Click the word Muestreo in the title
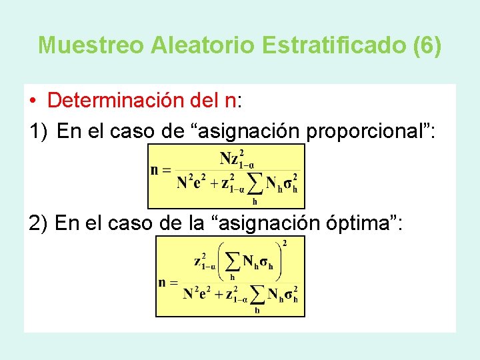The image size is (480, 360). coord(91,45)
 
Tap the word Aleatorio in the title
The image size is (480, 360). coord(203,45)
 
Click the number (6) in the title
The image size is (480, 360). coord(427,45)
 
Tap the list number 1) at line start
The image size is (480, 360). coord(39,132)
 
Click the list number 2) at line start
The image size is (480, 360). coord(39,223)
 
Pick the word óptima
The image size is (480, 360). coord(366,223)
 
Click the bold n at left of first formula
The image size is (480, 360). coord(155,169)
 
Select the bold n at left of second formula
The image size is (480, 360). coord(162,282)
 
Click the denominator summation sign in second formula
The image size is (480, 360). coord(257,294)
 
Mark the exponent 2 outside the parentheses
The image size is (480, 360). coord(285,242)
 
